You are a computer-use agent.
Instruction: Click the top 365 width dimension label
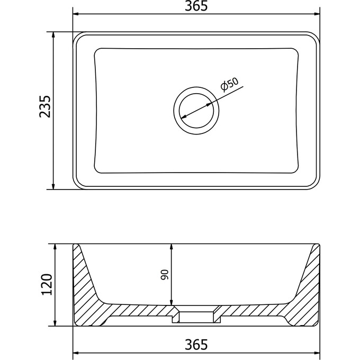[x=196, y=6]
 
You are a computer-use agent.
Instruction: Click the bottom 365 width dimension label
[x=196, y=345]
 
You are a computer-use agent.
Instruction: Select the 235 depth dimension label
[x=44, y=106]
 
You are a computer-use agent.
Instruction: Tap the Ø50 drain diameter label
[x=229, y=85]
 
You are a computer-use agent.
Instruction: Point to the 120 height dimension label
[x=47, y=284]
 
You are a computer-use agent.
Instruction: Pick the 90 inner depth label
[x=165, y=275]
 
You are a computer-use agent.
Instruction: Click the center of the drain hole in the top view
[x=196, y=111]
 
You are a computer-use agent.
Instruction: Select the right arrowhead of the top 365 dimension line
[x=317, y=14]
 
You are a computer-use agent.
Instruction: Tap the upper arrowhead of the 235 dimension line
[x=53, y=35]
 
